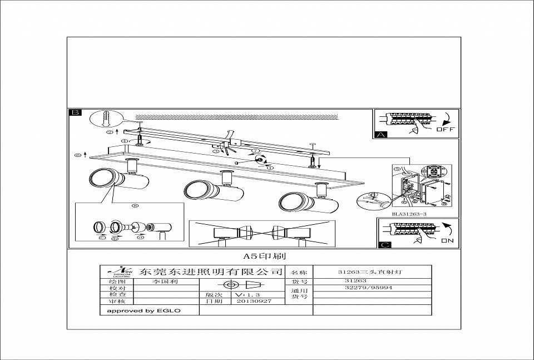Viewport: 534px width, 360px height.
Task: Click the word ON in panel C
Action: click(x=447, y=240)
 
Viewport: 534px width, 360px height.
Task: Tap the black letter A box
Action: click(x=380, y=134)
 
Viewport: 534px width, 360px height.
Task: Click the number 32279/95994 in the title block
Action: click(x=369, y=288)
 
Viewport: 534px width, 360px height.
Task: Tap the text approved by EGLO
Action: click(x=144, y=310)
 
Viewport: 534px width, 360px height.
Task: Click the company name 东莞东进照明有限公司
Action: click(x=211, y=273)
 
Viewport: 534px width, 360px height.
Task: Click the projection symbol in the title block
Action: click(x=242, y=282)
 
